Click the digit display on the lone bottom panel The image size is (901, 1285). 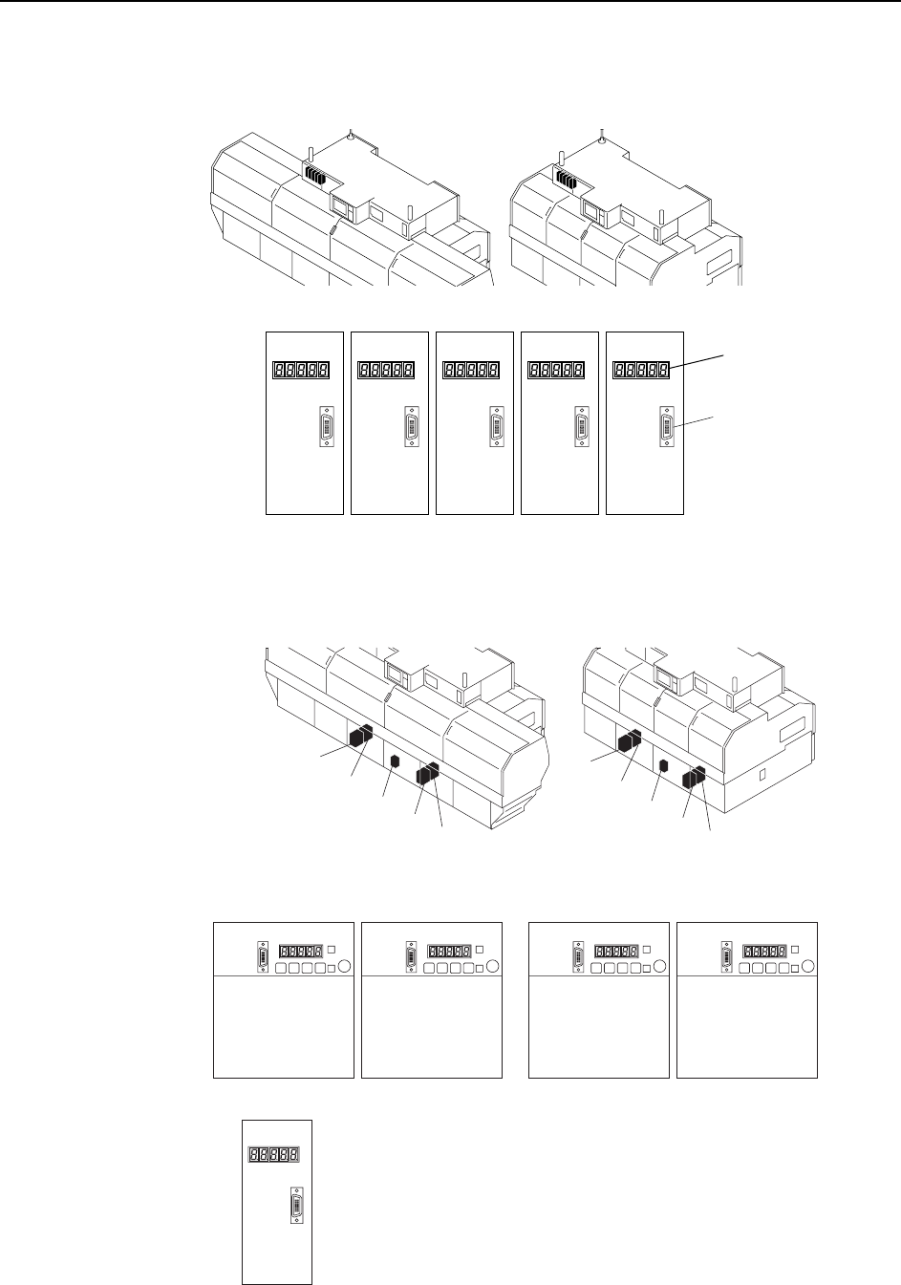pyautogui.click(x=273, y=1154)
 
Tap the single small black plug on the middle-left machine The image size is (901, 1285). pyautogui.click(x=395, y=761)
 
